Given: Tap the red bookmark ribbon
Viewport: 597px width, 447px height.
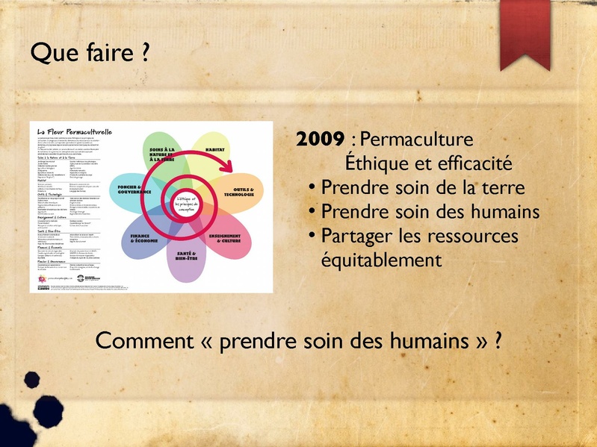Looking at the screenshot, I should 525,34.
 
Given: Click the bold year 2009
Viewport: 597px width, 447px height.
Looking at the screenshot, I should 320,140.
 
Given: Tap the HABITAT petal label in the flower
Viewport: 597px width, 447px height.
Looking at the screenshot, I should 216,150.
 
